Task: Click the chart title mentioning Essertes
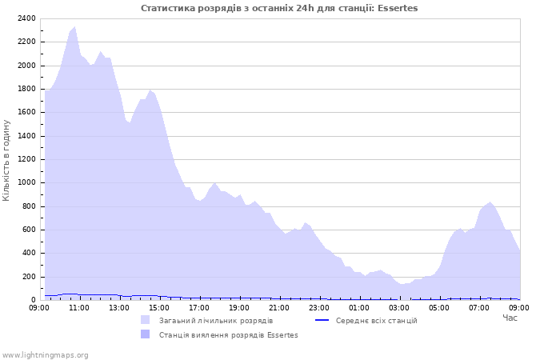279,8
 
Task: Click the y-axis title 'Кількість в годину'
6,160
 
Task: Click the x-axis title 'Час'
510,318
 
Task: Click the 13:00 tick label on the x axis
119,307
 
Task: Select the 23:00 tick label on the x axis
319,307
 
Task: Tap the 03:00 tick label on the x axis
399,307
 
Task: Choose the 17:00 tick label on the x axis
199,307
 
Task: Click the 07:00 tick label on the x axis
479,307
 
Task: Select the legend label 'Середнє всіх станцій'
376,321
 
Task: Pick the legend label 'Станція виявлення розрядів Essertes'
228,335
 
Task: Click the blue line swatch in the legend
322,321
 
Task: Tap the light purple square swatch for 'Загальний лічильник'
145,321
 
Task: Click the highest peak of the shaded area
75,27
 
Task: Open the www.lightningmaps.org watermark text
45,355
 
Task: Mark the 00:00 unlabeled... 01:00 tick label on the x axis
359,307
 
